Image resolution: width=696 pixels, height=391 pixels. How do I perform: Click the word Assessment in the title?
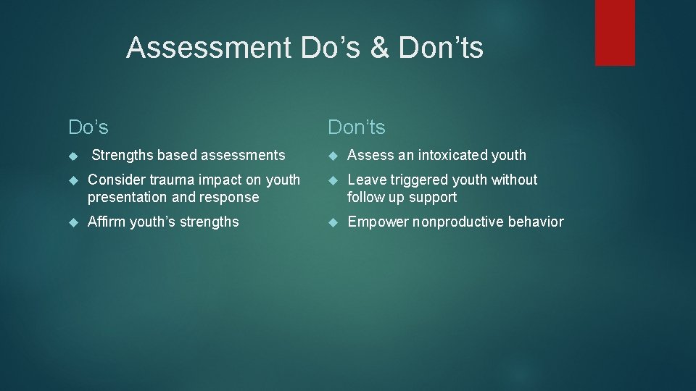[207, 49]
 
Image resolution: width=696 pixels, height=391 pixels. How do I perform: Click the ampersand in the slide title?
[379, 49]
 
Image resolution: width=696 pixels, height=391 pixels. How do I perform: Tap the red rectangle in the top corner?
[615, 33]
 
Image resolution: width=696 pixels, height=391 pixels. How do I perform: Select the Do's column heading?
[88, 127]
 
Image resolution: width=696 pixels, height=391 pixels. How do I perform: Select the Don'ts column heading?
[357, 127]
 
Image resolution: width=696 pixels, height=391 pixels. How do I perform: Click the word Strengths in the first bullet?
[123, 155]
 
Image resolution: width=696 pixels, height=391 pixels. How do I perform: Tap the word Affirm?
[106, 222]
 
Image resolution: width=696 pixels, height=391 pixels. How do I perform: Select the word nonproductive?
[457, 222]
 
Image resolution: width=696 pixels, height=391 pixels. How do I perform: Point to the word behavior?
[536, 222]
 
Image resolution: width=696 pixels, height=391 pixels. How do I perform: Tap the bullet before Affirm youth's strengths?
[72, 222]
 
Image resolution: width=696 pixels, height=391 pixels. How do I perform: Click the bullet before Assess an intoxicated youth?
[333, 156]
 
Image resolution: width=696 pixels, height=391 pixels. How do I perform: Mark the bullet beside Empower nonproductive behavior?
[333, 222]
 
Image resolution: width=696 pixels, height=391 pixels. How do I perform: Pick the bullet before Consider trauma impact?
[72, 180]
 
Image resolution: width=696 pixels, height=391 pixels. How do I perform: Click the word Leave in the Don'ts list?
[364, 180]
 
